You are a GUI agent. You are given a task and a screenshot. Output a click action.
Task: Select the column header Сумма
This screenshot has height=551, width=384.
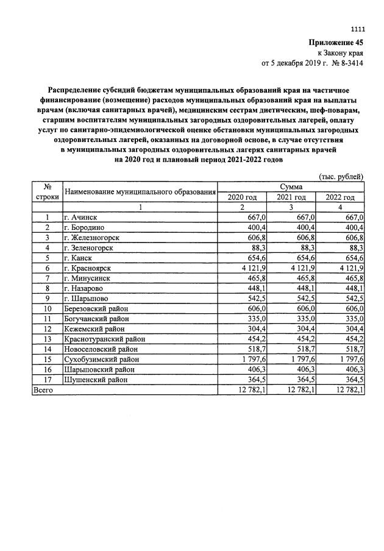291,187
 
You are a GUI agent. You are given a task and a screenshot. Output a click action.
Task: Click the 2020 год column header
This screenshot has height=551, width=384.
242,197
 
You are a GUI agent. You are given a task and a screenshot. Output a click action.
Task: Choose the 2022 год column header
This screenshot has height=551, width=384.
340,197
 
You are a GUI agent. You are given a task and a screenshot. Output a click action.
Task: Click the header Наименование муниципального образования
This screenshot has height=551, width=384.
141,191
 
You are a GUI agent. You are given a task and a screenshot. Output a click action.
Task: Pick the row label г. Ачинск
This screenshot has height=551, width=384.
81,217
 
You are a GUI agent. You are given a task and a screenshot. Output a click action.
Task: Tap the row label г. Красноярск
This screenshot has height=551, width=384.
88,268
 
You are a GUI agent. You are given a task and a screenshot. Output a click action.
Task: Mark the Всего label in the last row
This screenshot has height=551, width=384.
43,389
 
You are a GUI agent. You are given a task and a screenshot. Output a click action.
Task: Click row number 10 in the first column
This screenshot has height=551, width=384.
47,308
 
